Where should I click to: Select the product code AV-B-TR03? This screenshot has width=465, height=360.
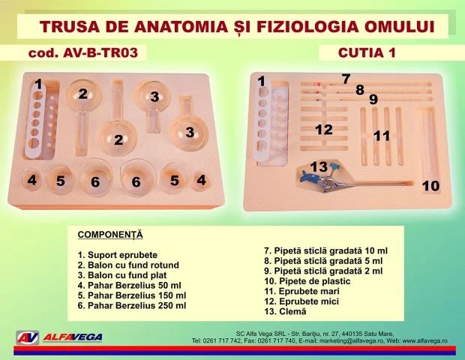click(x=100, y=52)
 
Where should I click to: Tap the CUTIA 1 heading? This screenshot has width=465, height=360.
click(x=367, y=52)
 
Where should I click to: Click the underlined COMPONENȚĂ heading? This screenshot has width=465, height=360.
click(x=110, y=235)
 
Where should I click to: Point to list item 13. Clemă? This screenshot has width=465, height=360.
click(x=285, y=311)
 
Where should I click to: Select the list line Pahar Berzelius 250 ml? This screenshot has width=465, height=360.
click(x=132, y=305)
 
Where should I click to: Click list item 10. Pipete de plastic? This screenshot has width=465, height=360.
click(x=307, y=281)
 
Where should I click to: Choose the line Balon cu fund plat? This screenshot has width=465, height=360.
click(x=122, y=275)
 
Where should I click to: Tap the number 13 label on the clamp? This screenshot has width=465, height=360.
click(x=319, y=167)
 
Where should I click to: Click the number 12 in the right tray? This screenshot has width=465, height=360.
click(x=324, y=130)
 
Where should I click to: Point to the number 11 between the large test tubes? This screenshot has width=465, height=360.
click(x=382, y=136)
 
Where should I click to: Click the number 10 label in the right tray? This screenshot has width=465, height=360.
click(x=430, y=186)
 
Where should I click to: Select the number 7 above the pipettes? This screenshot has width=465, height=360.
click(x=346, y=79)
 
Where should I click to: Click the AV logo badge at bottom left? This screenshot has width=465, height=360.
click(x=28, y=337)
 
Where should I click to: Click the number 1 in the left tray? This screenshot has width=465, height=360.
click(x=38, y=85)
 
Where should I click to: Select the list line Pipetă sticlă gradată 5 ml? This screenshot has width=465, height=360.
click(x=323, y=261)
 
